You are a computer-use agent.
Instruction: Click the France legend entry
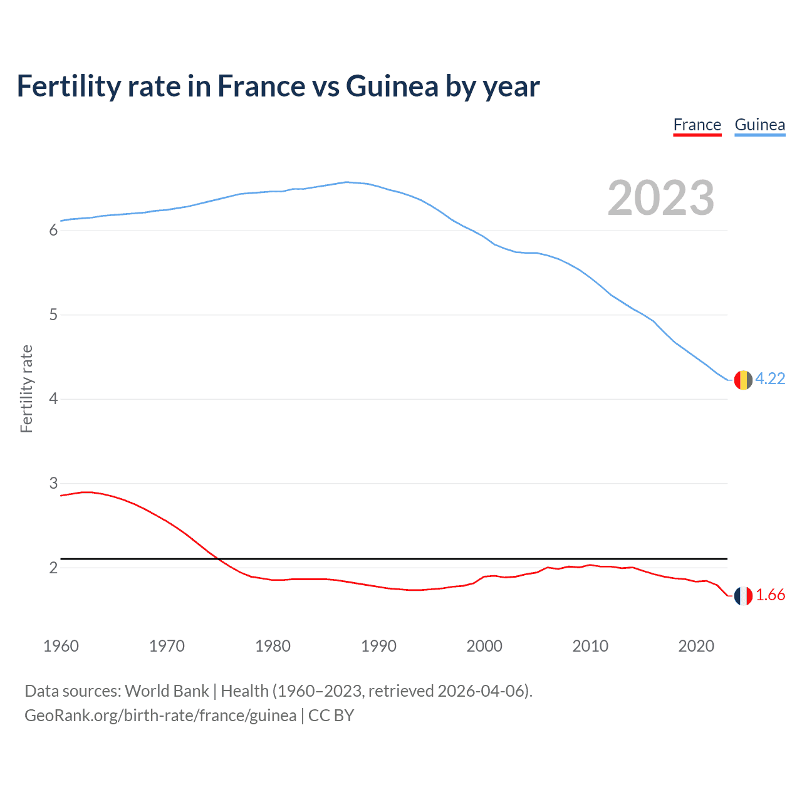click(697, 125)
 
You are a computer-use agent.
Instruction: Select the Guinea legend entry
click(759, 125)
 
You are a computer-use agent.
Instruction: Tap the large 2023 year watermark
click(661, 198)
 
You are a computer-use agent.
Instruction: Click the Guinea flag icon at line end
click(743, 380)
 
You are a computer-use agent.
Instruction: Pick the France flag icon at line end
click(743, 596)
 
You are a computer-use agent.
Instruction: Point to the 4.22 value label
click(770, 379)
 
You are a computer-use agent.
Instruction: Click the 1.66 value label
click(770, 595)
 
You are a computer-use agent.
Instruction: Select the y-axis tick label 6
click(53, 231)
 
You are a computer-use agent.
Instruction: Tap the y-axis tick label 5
click(53, 315)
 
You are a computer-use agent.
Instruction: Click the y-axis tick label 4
click(53, 399)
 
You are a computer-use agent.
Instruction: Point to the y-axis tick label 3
click(53, 483)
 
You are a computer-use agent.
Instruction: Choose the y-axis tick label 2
click(53, 568)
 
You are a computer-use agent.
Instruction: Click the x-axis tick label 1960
click(61, 646)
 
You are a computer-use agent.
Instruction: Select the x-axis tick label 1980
click(273, 646)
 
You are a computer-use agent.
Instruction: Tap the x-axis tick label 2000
click(484, 646)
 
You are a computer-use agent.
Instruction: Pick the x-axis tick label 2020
click(696, 646)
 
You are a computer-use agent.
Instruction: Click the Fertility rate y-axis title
click(26, 388)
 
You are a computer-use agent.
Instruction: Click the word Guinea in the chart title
click(392, 86)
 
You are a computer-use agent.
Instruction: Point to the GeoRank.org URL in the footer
click(160, 716)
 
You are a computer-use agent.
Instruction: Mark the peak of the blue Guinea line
click(346, 182)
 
